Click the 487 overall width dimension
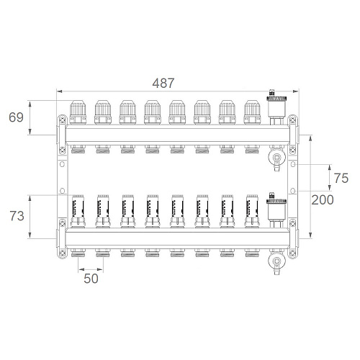163,84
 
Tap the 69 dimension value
16,117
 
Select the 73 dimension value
17,216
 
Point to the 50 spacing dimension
91,279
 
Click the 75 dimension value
341,178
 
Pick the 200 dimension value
323,200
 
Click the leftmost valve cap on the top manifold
78,112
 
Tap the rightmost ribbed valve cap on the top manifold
252,112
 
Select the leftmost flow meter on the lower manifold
78,211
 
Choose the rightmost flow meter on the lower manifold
252,211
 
